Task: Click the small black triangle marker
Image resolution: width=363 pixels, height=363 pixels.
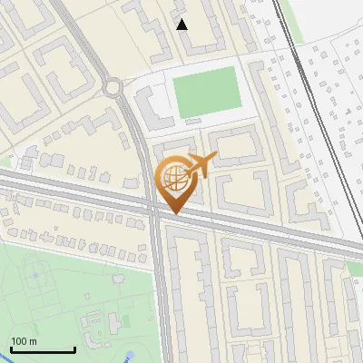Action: tap(182, 25)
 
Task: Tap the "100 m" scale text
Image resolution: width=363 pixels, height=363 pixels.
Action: tap(24, 341)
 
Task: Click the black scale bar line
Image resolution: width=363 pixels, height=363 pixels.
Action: tap(43, 349)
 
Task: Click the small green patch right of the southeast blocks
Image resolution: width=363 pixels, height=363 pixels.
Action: tap(355, 270)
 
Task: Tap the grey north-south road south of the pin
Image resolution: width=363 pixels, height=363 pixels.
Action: tap(161, 290)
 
